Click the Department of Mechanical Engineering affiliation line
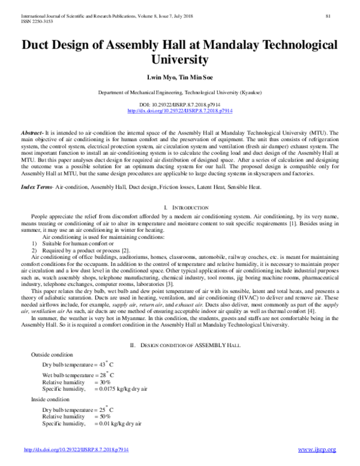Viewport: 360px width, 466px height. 180,93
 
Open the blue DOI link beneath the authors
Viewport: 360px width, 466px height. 180,112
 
